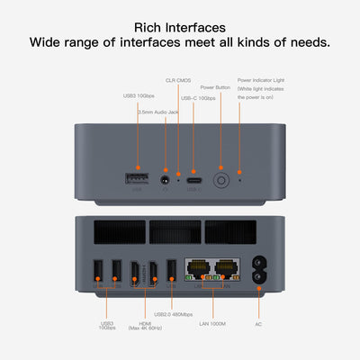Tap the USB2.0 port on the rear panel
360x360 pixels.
[171, 271]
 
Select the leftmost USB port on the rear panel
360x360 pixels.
[98, 271]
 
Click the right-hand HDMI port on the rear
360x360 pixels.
[153, 271]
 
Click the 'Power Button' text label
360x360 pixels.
[215, 88]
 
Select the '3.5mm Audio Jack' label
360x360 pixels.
[158, 110]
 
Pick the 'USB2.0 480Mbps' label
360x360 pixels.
[173, 314]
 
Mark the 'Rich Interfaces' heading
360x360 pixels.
[179, 26]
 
